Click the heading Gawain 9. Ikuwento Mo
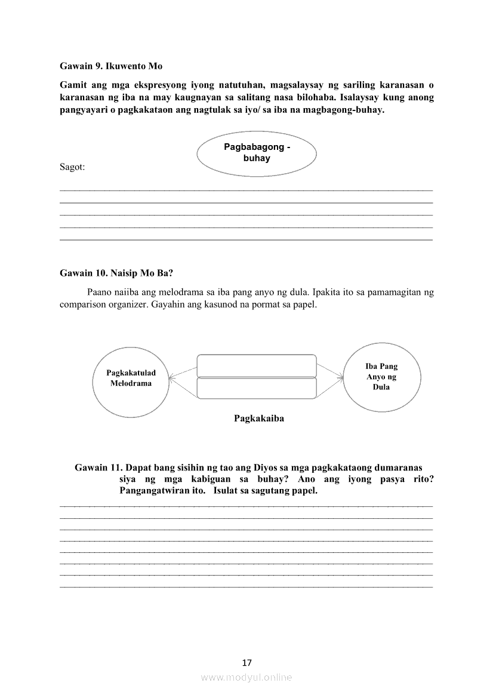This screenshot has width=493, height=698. pyautogui.click(x=111, y=66)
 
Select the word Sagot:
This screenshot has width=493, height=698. pyautogui.click(x=72, y=167)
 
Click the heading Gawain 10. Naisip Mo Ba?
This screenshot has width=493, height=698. pyautogui.click(x=116, y=273)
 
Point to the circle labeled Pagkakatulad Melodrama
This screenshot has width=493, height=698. pyautogui.click(x=131, y=379)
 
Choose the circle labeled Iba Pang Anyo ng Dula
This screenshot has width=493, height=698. pyautogui.click(x=381, y=377)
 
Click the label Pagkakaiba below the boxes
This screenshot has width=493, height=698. pyautogui.click(x=259, y=419)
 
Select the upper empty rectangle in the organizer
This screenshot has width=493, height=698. pyautogui.click(x=256, y=365)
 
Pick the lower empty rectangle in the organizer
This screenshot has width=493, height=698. pyautogui.click(x=256, y=388)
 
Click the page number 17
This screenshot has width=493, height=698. pyautogui.click(x=247, y=662)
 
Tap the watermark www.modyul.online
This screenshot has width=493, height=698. pyautogui.click(x=246, y=677)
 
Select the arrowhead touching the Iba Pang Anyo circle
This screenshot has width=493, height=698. pyautogui.click(x=342, y=377)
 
